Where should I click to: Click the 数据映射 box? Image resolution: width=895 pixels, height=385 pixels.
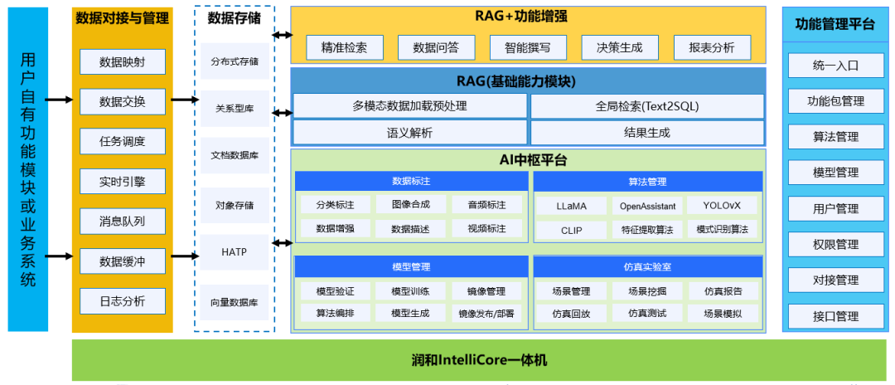(x=123, y=62)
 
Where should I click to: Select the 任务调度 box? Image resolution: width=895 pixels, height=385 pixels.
(x=123, y=142)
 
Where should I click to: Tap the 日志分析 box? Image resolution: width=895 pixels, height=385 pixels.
(x=123, y=301)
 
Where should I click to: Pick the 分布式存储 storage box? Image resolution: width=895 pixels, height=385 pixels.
(x=235, y=61)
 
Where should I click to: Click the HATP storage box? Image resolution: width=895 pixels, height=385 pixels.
(x=235, y=251)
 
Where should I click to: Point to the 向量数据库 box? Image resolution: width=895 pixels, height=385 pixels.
(x=235, y=303)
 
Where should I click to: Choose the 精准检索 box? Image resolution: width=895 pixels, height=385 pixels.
(x=344, y=48)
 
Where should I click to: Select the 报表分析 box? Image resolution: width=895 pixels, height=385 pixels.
(x=712, y=48)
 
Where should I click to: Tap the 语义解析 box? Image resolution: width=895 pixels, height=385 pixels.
(x=409, y=133)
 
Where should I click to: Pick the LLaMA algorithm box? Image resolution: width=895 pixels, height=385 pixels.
(x=572, y=205)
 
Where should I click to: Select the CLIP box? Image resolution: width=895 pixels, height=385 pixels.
(x=572, y=229)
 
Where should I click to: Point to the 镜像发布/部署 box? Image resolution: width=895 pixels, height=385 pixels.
(x=486, y=314)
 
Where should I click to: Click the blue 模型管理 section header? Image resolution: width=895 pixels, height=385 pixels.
(x=412, y=266)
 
